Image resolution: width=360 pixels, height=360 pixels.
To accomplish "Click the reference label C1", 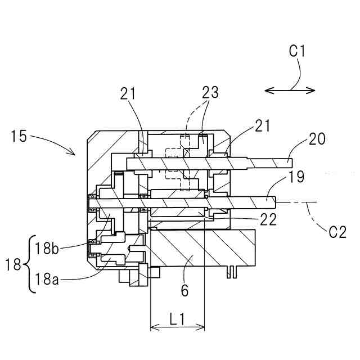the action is [x=297, y=51].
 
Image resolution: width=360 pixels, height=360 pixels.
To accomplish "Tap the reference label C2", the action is [x=337, y=232].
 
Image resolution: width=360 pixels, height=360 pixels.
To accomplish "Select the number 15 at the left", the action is [x=19, y=136].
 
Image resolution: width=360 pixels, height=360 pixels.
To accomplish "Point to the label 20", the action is [x=317, y=138].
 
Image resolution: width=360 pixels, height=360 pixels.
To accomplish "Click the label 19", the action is [x=296, y=177].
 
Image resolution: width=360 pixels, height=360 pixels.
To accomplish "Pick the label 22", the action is [x=268, y=219].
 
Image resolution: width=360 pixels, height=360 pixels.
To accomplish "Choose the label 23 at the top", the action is [x=210, y=92].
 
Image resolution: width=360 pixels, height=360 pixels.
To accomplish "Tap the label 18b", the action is [x=47, y=248].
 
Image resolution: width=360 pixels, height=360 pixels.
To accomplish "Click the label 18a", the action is [x=47, y=279].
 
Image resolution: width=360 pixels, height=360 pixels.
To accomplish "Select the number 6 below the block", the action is [x=184, y=290].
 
